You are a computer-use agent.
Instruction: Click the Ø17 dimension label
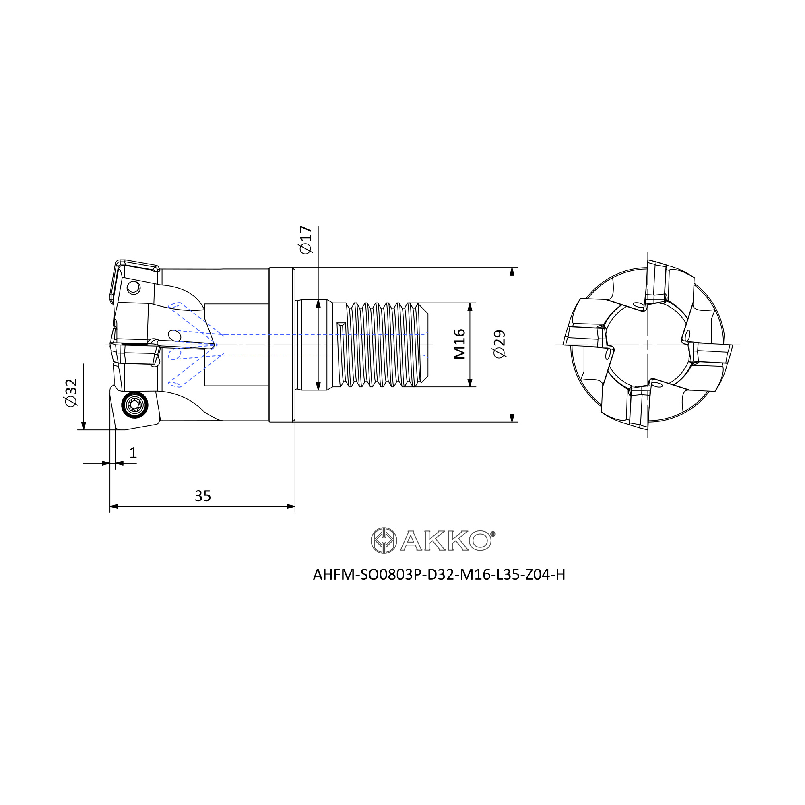(x=305, y=239)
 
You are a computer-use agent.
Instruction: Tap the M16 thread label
(x=459, y=344)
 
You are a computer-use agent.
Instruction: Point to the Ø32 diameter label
(x=71, y=392)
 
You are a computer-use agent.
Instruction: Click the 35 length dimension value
(x=203, y=496)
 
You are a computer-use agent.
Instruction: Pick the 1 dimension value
(x=133, y=452)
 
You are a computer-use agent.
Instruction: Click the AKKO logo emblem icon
(x=383, y=541)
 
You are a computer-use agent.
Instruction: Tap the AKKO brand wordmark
(x=446, y=541)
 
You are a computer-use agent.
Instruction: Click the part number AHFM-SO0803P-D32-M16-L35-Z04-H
(x=439, y=575)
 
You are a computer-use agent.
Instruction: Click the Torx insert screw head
(x=134, y=405)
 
